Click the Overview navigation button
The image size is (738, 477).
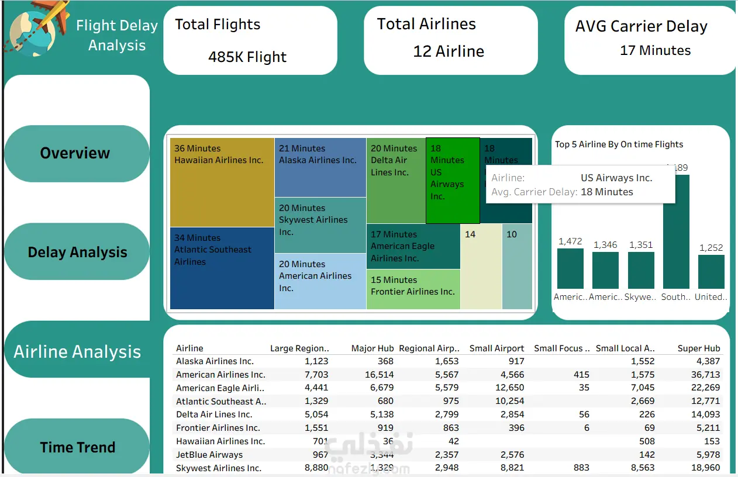[76, 153]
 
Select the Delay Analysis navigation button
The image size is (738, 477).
[77, 252]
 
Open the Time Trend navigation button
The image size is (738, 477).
[77, 447]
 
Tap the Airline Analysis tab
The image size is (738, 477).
[77, 351]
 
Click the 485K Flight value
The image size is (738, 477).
[247, 57]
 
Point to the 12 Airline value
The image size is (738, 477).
[449, 51]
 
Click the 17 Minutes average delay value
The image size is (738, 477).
[655, 50]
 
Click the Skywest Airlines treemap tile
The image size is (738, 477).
[320, 225]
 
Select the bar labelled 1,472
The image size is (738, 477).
[570, 268]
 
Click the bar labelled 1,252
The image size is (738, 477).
[711, 272]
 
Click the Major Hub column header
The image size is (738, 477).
[372, 348]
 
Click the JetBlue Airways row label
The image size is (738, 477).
[209, 455]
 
